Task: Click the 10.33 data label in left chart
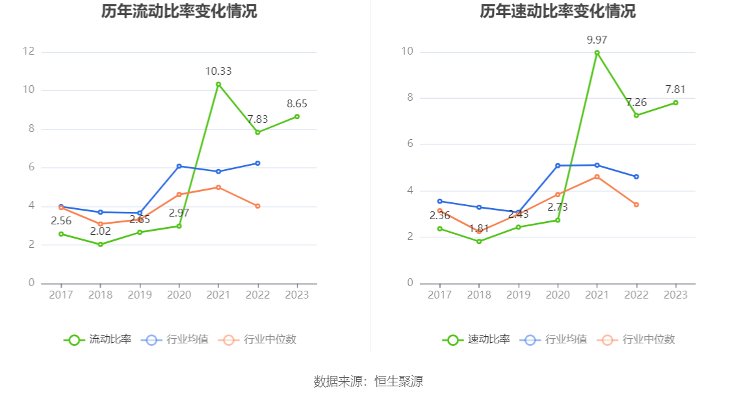tap(218, 72)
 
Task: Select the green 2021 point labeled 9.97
tap(597, 53)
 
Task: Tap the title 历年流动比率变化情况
tap(179, 12)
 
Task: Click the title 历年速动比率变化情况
tap(558, 12)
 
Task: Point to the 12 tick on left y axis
tap(28, 51)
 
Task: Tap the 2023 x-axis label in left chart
tap(297, 295)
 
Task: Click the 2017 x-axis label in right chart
tap(439, 295)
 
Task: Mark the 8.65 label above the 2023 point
tap(297, 103)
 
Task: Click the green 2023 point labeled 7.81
tap(676, 103)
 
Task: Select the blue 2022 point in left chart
tap(258, 163)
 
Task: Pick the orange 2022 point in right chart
tap(636, 205)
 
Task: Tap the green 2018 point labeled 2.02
tap(100, 245)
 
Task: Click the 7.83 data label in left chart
tap(258, 119)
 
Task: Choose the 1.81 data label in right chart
tap(479, 229)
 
